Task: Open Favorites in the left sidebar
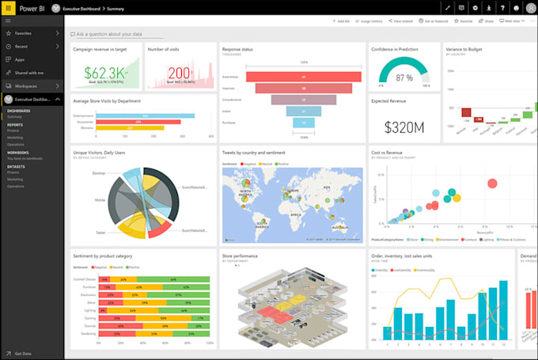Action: coord(24,34)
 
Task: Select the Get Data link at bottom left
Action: coord(23,353)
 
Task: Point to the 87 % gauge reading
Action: coord(403,78)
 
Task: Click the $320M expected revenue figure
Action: coord(404,127)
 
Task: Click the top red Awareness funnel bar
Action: coord(304,77)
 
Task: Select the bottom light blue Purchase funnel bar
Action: coord(304,123)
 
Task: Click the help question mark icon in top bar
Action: coord(502,8)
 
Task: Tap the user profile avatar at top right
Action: coord(528,8)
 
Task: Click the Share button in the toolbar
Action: coord(487,21)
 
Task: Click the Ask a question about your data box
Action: coord(119,35)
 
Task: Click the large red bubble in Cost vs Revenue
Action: coord(492,184)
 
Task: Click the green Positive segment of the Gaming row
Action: coord(193,316)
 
